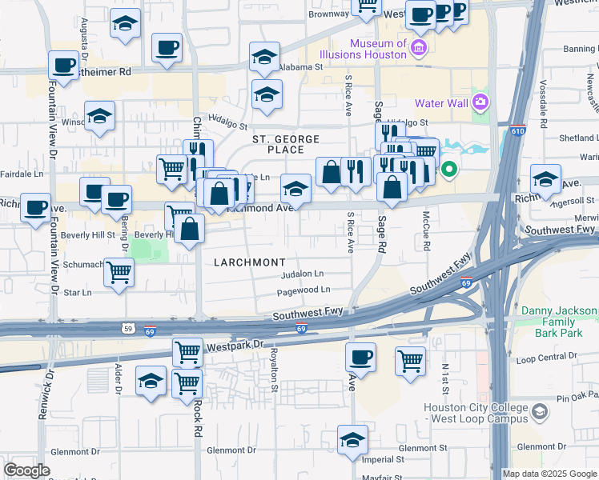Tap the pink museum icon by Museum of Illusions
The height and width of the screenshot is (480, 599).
pos(417,50)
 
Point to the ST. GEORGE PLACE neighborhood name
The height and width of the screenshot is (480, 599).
pos(279,144)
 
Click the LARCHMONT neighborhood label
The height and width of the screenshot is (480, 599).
pos(249,262)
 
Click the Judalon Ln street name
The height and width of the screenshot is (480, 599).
pos(302,274)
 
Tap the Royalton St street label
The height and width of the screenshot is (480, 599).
pos(273,369)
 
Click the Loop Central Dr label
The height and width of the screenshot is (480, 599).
pos(548,357)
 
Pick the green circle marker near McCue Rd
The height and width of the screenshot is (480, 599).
pos(449,169)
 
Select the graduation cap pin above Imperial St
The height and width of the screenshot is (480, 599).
pos(352,440)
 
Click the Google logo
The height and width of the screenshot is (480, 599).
pos(26,470)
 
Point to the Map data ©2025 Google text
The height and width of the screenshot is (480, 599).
pos(549,474)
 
